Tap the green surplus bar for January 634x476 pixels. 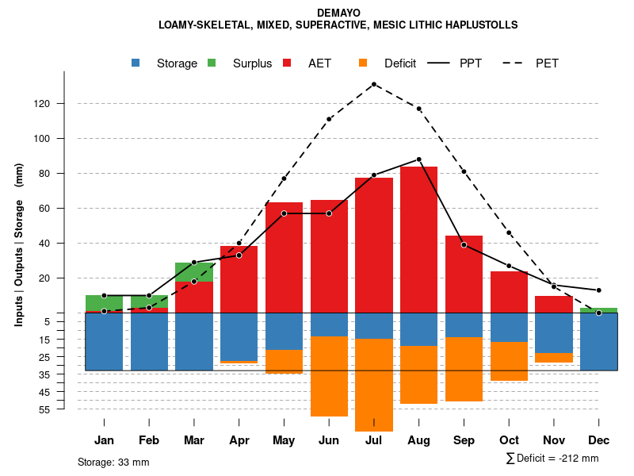point(104,302)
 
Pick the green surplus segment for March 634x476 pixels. point(194,272)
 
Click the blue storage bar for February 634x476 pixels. point(149,341)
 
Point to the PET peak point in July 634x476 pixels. point(374,84)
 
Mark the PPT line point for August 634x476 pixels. point(418,159)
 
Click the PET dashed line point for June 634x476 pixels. point(329,119)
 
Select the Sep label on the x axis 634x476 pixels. point(464,440)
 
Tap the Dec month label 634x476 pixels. point(598,440)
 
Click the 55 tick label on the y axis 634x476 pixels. point(46,409)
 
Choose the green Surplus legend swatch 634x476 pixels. point(212,63)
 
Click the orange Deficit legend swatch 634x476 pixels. point(363,63)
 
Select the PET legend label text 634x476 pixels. point(547,63)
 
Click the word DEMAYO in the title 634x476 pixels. point(338,13)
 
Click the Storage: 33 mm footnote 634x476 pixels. point(113,462)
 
